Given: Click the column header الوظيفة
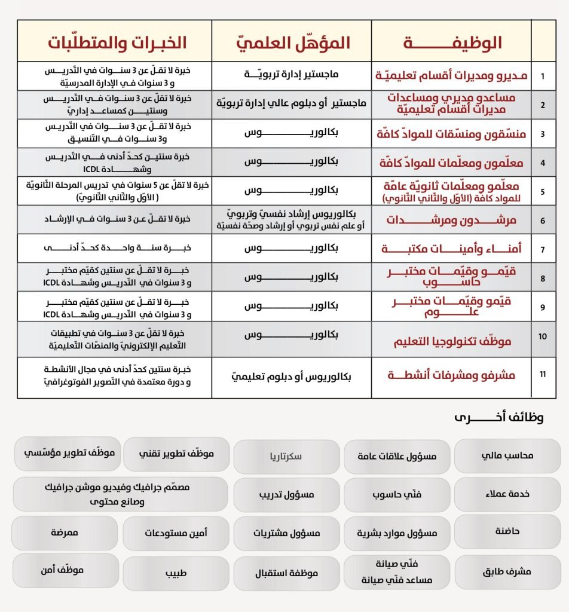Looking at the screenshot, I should (x=451, y=43).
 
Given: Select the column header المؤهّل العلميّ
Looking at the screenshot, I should (x=291, y=43).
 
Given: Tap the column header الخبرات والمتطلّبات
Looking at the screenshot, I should (x=117, y=43).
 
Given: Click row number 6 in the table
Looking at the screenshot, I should (x=543, y=220).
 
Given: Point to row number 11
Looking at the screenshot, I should (x=543, y=375).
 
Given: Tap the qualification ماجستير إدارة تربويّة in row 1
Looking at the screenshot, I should (x=292, y=75).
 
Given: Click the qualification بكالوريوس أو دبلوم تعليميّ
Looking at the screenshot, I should (x=292, y=377).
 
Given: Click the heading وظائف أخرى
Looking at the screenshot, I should (x=499, y=417).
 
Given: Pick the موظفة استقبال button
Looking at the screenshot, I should (x=286, y=573).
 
